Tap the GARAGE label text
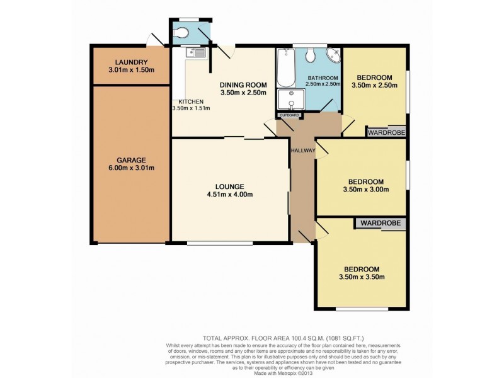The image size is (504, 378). coord(131,159)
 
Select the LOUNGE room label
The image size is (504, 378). coord(229,186)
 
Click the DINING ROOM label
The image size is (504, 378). coord(243,84)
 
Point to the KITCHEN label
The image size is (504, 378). coord(190,101)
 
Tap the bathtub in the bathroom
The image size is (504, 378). coord(286,68)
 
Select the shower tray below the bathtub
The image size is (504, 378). coord(290,100)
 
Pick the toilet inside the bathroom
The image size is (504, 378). coord(311,55)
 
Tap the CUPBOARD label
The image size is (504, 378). coord(291,115)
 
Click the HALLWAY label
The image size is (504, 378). coord(302,150)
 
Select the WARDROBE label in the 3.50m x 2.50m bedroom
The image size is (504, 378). coord(386,133)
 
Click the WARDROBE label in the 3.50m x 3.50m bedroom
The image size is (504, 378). coord(381,223)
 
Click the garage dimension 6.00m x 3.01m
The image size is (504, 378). coord(131,168)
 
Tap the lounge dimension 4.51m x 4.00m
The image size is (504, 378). coord(229,194)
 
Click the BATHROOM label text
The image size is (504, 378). coord(322,77)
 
